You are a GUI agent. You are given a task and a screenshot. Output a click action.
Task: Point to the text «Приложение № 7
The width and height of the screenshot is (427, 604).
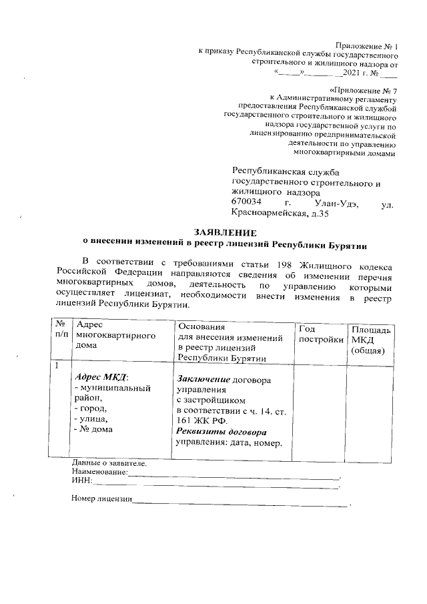click(x=364, y=89)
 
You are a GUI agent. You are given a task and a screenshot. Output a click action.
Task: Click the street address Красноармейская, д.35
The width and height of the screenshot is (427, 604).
click(x=280, y=214)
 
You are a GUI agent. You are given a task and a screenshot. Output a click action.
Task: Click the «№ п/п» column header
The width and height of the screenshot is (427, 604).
click(x=61, y=328)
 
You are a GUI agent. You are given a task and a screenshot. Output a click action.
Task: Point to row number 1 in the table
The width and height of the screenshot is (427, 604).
click(x=57, y=366)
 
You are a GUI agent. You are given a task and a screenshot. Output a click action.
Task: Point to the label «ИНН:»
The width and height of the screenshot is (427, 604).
click(x=81, y=481)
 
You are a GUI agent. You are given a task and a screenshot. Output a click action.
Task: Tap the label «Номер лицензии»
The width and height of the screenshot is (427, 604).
click(x=101, y=499)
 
